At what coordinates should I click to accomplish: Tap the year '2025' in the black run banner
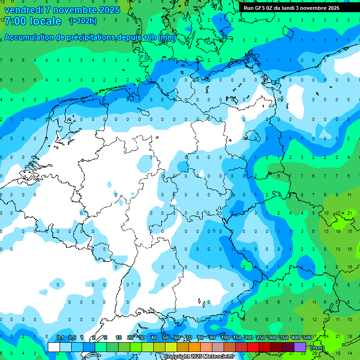331,8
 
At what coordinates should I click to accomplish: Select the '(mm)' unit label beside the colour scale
317,348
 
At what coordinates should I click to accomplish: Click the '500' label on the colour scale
307,337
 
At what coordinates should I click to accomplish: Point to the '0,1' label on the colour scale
60,337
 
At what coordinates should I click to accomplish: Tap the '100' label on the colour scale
225,337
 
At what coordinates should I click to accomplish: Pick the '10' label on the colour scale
119,337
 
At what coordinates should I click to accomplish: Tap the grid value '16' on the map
349,267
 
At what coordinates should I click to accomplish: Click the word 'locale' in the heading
45,21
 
